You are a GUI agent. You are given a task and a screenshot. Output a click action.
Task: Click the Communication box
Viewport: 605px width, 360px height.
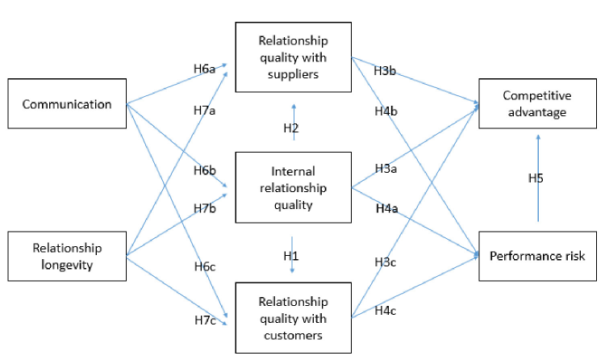(x=67, y=103)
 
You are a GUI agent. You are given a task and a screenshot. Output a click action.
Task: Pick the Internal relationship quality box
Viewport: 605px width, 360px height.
(x=293, y=188)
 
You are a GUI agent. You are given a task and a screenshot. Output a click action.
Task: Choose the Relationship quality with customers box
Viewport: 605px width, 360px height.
(x=293, y=318)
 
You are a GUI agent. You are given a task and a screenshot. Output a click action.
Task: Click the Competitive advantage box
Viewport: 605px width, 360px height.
(x=535, y=103)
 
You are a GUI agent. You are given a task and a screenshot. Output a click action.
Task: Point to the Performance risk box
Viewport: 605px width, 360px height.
(x=536, y=256)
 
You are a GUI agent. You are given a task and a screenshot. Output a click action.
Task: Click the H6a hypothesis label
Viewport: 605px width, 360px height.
(x=204, y=69)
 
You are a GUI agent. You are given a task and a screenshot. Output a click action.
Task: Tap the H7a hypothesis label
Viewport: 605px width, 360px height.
(x=204, y=110)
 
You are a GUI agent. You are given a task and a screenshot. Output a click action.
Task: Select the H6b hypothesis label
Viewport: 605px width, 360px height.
(x=204, y=170)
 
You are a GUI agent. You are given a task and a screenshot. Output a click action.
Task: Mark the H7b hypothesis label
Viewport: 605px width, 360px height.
(x=204, y=210)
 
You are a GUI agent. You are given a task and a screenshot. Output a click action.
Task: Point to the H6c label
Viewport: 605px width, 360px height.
(x=204, y=268)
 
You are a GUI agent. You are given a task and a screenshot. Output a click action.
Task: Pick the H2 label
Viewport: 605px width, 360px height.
(x=291, y=129)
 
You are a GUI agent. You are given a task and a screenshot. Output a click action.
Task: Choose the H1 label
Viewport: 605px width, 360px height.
(x=291, y=255)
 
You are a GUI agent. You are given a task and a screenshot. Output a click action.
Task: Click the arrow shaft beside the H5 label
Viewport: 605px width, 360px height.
(x=537, y=202)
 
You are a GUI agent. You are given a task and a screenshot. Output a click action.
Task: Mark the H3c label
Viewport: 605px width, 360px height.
(x=385, y=262)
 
